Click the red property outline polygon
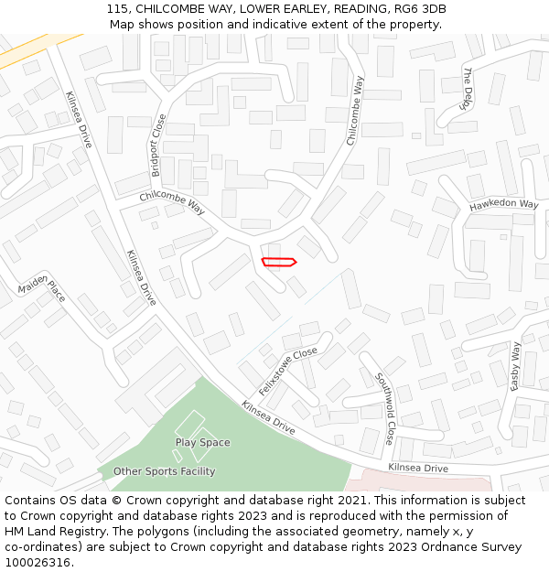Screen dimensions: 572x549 click(279, 263)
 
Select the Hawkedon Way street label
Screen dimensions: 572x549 click(504, 205)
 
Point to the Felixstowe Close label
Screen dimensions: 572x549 click(287, 371)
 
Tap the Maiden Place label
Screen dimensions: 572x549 click(42, 292)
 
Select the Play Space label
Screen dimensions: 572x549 click(202, 443)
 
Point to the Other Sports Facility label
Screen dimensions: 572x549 click(164, 472)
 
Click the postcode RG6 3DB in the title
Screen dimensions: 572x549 click(419, 9)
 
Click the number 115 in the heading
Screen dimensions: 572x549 click(116, 9)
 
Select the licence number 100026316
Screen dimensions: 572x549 click(38, 562)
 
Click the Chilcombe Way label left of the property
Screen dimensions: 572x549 click(172, 202)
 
